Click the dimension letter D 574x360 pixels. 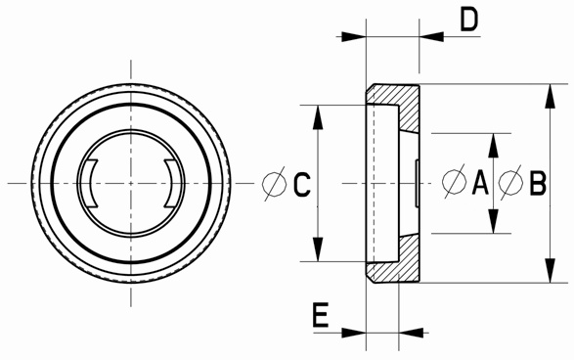point(469,20)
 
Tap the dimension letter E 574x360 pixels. point(321,315)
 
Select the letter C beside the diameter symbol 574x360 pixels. point(302,184)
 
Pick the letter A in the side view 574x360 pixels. point(480,183)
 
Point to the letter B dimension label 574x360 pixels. point(538,183)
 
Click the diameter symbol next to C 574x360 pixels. point(275,184)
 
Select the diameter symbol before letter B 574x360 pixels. point(510,182)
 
